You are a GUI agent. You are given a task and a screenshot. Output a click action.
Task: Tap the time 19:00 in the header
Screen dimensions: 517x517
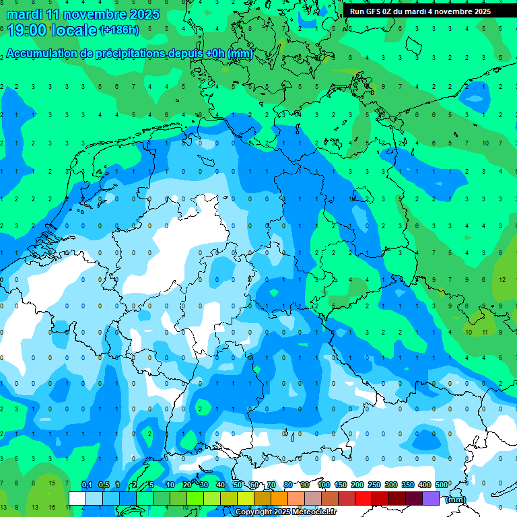coord(25,30)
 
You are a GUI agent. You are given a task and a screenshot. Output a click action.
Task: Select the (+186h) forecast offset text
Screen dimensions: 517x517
coord(119,30)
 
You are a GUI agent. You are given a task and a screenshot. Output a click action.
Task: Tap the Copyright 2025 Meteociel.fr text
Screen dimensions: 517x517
coord(286,512)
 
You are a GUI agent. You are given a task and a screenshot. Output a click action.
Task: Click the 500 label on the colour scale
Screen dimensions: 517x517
coord(441,485)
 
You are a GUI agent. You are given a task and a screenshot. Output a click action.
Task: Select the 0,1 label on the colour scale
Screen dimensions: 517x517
coord(87,485)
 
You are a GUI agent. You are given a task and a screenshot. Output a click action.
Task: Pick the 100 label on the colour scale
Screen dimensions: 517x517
coord(323,485)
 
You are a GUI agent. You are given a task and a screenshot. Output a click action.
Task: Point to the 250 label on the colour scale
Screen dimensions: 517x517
coord(374,485)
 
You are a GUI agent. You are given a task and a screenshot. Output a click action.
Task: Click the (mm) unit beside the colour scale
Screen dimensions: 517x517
coord(455,499)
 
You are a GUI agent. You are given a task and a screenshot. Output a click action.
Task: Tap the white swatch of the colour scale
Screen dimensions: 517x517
coord(77,498)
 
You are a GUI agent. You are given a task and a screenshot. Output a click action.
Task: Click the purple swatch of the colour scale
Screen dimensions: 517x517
coord(431,498)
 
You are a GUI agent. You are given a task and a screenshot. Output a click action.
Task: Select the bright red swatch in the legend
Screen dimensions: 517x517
coord(364,498)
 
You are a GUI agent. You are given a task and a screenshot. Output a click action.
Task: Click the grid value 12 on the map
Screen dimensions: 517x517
coord(503,279)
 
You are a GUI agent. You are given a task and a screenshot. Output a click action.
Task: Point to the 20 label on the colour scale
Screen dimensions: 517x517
coord(187,485)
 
